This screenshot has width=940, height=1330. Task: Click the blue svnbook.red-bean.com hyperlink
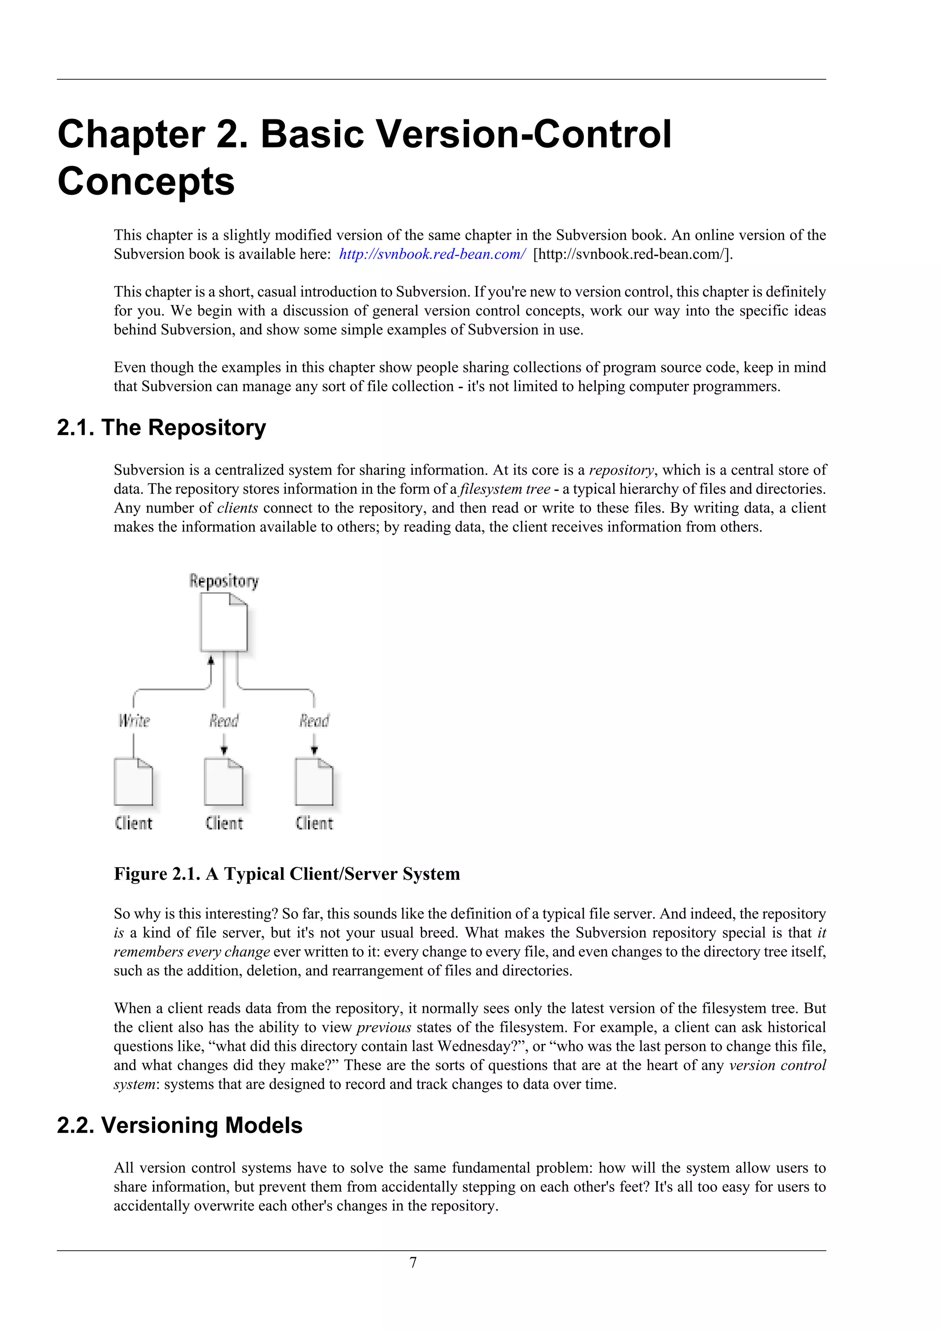pyautogui.click(x=432, y=254)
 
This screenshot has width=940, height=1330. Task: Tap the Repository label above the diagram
pyautogui.click(x=224, y=581)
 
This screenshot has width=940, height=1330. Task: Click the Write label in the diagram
pyautogui.click(x=134, y=721)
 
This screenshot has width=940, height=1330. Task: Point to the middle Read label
pyautogui.click(x=224, y=721)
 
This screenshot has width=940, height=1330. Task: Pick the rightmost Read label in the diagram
pyautogui.click(x=314, y=721)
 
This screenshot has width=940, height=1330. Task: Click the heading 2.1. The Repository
pyautogui.click(x=162, y=428)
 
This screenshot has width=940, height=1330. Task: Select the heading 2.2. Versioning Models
pyautogui.click(x=179, y=1126)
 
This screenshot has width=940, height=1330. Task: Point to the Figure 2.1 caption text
pyautogui.click(x=286, y=874)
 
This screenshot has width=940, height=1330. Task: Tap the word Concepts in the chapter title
pyautogui.click(x=146, y=181)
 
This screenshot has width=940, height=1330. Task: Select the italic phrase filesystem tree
pyautogui.click(x=505, y=489)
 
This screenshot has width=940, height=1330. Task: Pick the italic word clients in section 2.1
pyautogui.click(x=237, y=508)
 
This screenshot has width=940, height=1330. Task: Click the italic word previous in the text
pyautogui.click(x=384, y=1028)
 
